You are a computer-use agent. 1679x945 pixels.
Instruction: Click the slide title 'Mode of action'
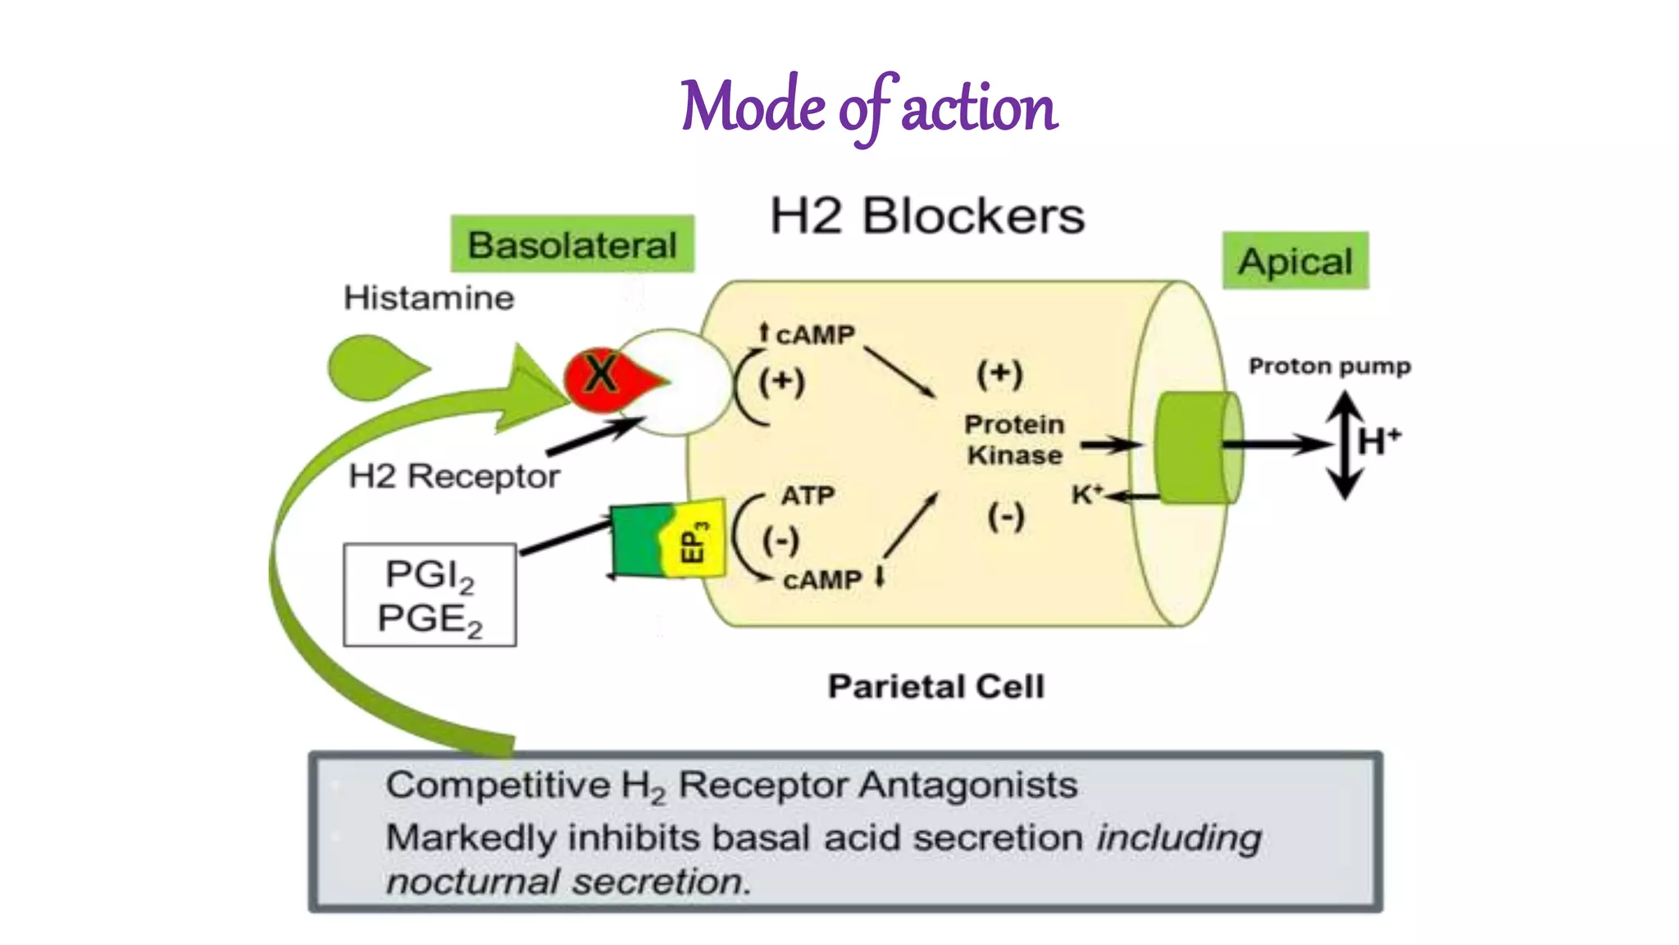click(x=869, y=107)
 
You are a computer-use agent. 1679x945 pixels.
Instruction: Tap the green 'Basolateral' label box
click(x=572, y=244)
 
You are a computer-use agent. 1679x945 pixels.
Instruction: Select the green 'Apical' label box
click(x=1295, y=261)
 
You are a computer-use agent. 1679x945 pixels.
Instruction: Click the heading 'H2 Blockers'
click(x=926, y=217)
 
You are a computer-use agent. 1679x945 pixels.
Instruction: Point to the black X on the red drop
click(x=601, y=373)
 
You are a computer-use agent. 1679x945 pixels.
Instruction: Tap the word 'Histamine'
click(x=429, y=298)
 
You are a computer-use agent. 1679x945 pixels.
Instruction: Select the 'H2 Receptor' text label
click(x=454, y=476)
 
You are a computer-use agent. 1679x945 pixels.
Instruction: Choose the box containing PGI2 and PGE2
click(x=430, y=596)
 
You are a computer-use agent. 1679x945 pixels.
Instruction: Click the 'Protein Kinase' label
click(x=1014, y=440)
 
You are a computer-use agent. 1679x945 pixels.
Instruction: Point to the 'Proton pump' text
click(x=1329, y=366)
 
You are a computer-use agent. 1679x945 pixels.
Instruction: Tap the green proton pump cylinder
click(x=1197, y=447)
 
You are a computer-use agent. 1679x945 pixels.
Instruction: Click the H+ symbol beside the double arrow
click(x=1378, y=441)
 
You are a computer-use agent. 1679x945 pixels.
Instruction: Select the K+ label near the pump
click(x=1087, y=494)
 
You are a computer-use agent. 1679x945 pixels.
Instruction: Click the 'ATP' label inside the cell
click(x=807, y=495)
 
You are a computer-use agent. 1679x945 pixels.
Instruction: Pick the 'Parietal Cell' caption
click(x=936, y=687)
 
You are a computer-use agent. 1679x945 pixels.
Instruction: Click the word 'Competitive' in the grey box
click(x=498, y=785)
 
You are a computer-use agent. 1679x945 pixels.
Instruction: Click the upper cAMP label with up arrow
click(x=808, y=335)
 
